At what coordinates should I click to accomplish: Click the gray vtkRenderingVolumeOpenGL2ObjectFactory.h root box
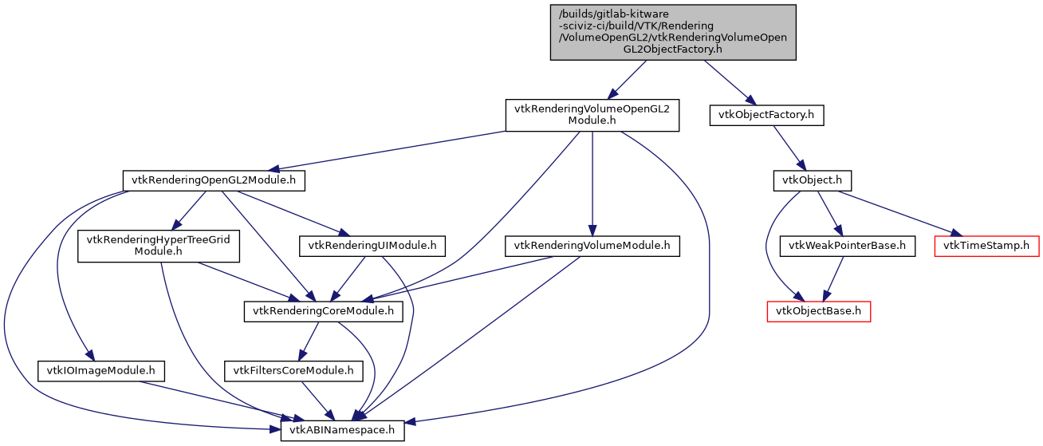point(673,32)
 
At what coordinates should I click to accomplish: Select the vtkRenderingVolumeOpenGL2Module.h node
point(592,115)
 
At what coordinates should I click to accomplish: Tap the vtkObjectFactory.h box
point(766,115)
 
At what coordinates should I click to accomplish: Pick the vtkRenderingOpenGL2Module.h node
point(213,180)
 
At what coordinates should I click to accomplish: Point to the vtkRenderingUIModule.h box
point(372,246)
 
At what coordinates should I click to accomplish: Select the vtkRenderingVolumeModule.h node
point(592,246)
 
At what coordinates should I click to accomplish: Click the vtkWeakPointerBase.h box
point(847,246)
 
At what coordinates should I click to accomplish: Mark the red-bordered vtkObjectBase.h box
point(818,311)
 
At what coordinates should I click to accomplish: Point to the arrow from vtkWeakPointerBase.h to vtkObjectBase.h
point(832,278)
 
